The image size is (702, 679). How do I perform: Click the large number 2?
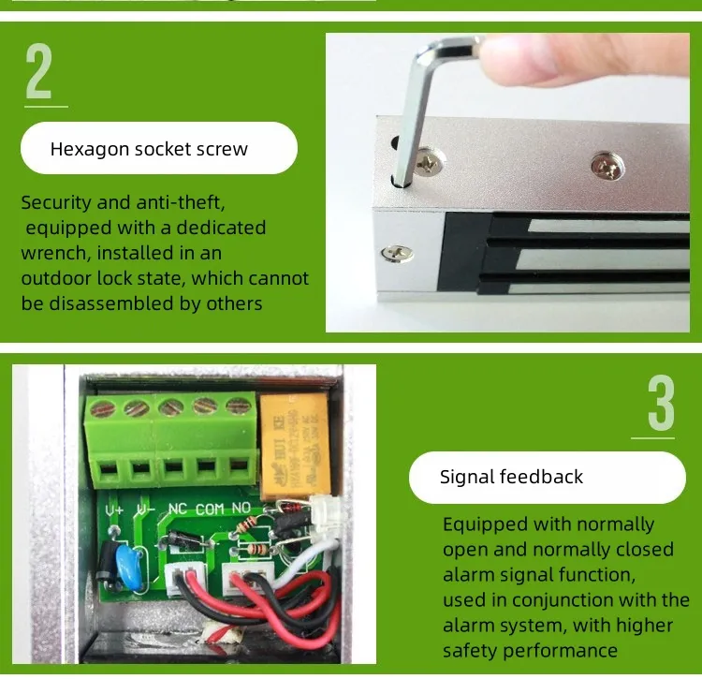click(39, 71)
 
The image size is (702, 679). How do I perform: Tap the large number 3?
click(660, 405)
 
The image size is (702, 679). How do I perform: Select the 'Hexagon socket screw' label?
click(149, 149)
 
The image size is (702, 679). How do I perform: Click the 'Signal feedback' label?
click(511, 477)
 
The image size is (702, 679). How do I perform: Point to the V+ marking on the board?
click(115, 509)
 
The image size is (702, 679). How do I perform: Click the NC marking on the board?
click(177, 509)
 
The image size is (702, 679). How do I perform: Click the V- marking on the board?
click(145, 509)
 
